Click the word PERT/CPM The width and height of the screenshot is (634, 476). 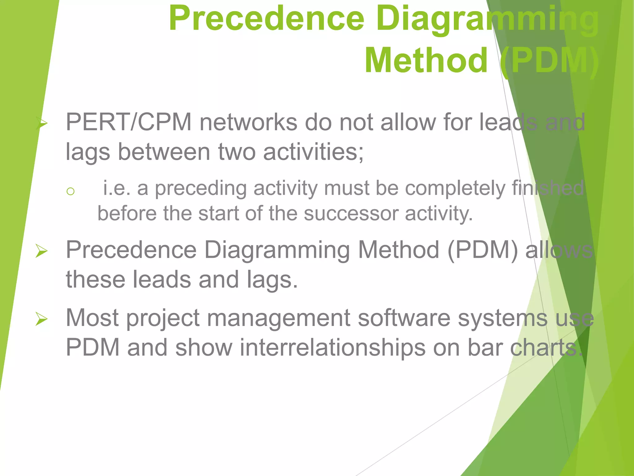[x=128, y=122]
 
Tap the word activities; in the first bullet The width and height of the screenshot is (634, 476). [x=313, y=152]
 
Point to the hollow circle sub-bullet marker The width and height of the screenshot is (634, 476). [x=71, y=191]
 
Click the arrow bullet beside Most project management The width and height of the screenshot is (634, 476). [x=41, y=319]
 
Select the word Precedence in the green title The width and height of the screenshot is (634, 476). [x=267, y=19]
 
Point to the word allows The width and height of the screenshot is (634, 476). [x=559, y=250]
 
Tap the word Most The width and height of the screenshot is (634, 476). [x=92, y=318]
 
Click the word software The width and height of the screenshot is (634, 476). [x=404, y=318]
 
